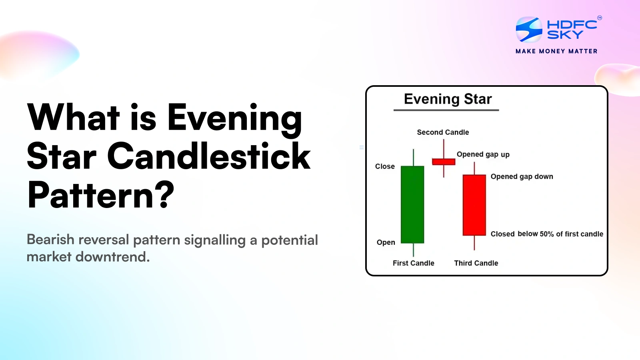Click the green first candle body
[412, 204]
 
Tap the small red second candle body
[444, 162]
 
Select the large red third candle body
[474, 205]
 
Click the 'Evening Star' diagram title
[448, 99]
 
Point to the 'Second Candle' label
[443, 132]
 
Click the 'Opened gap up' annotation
[483, 154]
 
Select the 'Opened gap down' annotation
[522, 176]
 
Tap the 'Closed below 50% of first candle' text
[546, 234]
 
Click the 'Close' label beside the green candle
[385, 166]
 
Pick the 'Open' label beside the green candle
[386, 242]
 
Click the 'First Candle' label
[413, 263]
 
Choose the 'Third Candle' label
[476, 263]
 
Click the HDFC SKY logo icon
[529, 30]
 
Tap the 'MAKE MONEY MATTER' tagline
[556, 51]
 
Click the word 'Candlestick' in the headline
[208, 156]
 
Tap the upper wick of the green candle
[413, 157]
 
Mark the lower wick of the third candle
[474, 243]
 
